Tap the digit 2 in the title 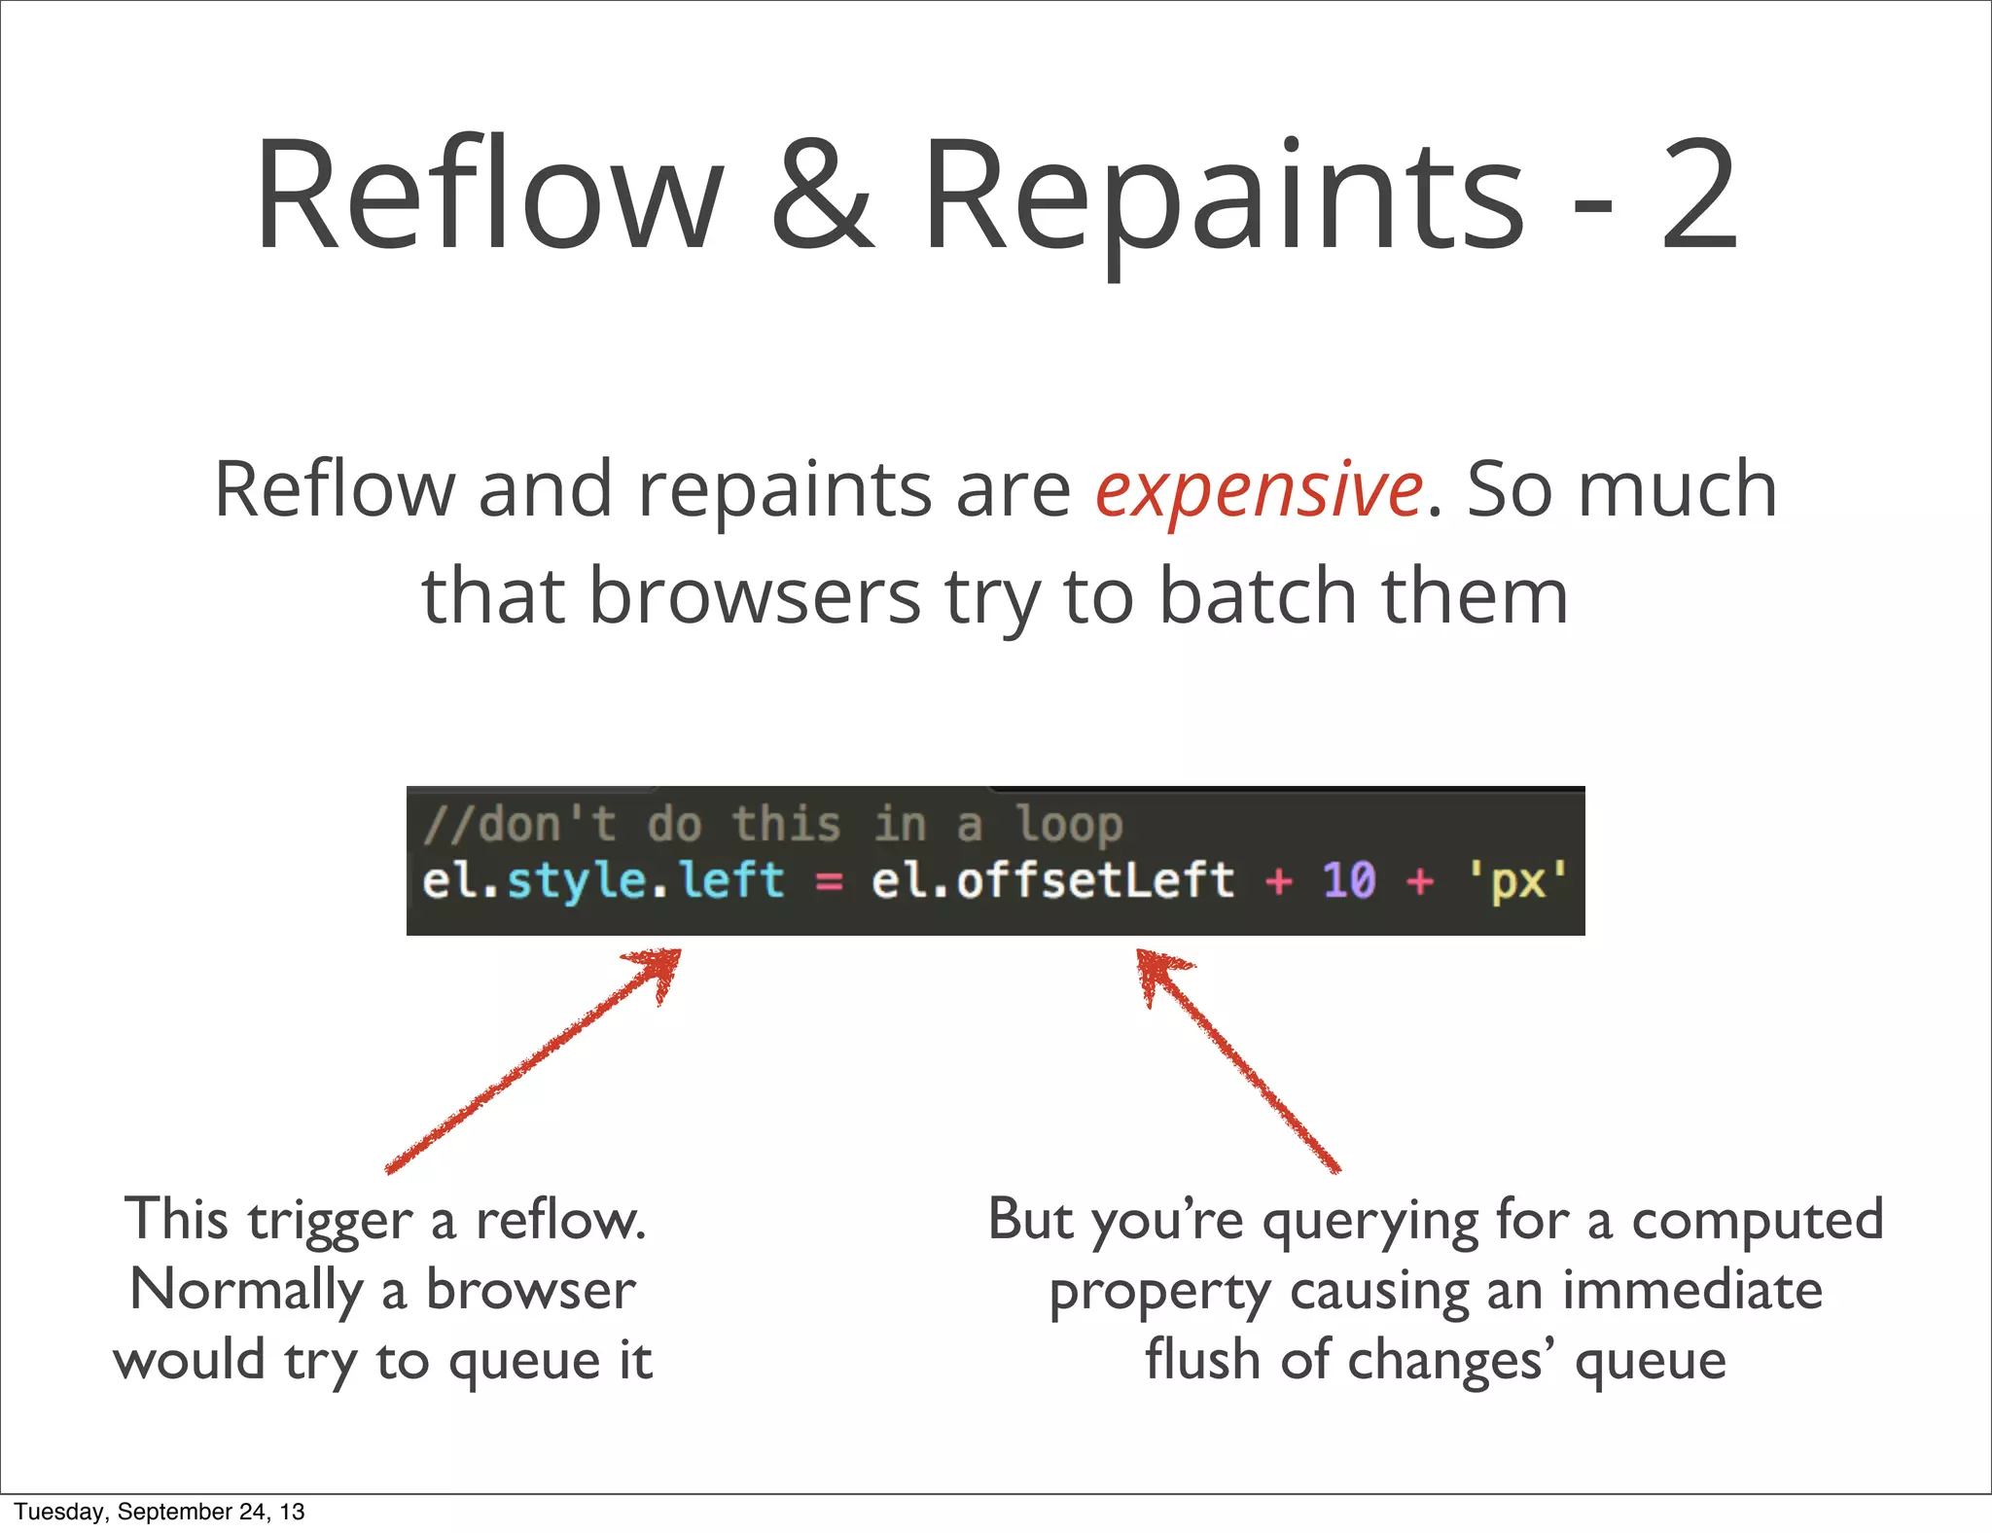point(1699,195)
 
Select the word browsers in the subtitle point(755,595)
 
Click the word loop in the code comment point(1069,825)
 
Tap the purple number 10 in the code point(1349,880)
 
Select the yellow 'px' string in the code point(1518,880)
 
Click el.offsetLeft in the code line point(1052,880)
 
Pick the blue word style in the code point(577,880)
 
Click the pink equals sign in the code point(829,881)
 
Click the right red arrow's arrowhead point(1157,970)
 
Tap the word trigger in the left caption point(331,1222)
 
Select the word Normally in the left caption point(245,1292)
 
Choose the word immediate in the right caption point(1691,1292)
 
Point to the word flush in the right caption point(1202,1360)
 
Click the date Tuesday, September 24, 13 point(160,1512)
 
